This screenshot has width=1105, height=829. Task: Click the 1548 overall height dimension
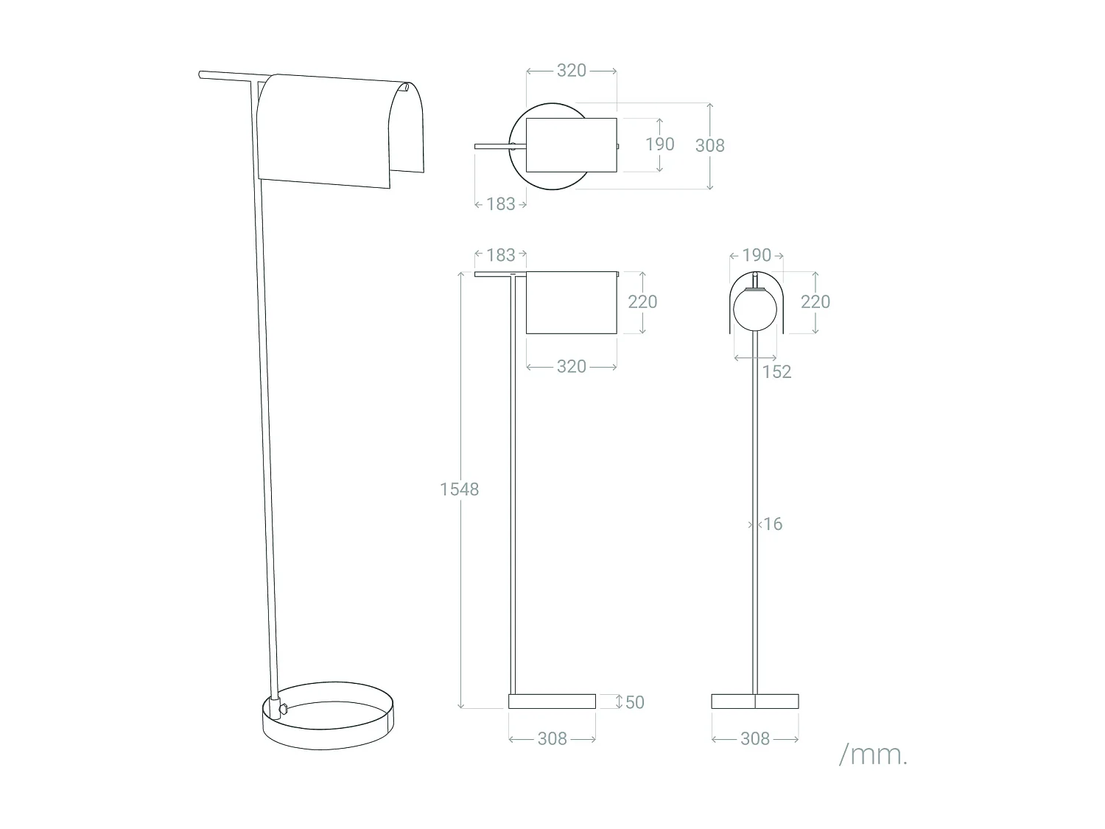(x=459, y=489)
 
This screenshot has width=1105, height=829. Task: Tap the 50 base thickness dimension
(x=634, y=702)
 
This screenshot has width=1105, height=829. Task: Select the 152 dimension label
(x=776, y=371)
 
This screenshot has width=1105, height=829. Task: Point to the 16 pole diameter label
(x=772, y=524)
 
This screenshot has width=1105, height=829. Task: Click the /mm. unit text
(x=873, y=755)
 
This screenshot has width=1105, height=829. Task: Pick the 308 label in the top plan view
(x=709, y=145)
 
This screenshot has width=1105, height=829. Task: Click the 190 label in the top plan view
(x=659, y=144)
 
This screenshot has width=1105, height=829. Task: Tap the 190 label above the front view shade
(x=757, y=255)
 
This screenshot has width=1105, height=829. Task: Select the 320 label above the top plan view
(x=572, y=70)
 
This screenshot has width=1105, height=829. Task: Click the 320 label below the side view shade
(x=572, y=366)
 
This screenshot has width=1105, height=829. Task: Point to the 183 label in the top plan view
(x=501, y=204)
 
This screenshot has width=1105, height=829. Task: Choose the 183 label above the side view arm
(x=501, y=255)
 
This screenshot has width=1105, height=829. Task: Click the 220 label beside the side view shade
(x=642, y=301)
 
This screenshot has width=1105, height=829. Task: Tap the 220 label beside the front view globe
(x=815, y=301)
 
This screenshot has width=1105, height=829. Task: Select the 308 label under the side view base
(x=552, y=738)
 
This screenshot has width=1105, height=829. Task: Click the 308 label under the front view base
(x=755, y=738)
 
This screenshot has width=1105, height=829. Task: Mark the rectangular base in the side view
(x=552, y=701)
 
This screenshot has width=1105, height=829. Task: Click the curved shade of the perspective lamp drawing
(x=331, y=133)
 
